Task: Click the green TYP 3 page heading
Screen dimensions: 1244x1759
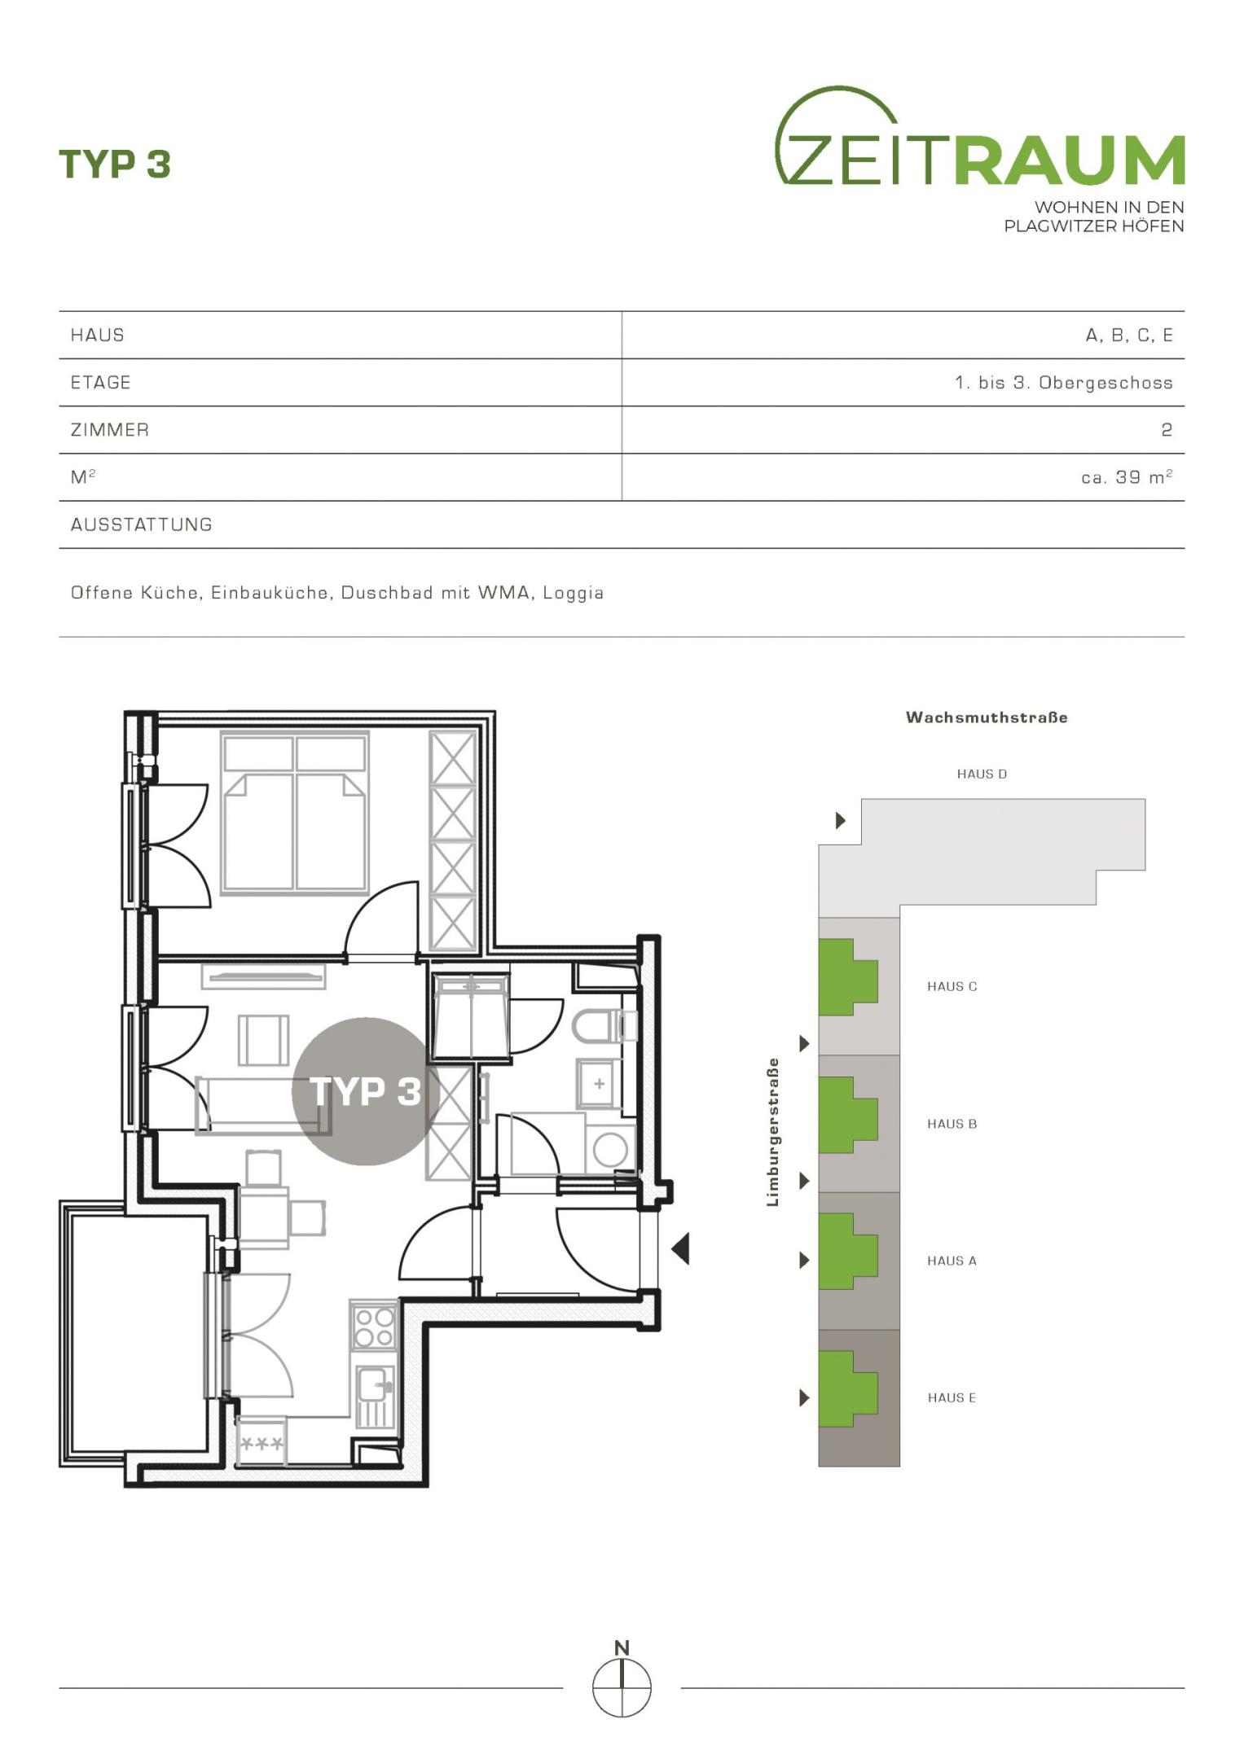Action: pos(115,164)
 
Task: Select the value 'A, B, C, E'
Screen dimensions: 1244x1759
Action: pos(1129,335)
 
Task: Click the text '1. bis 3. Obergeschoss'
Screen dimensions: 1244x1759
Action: pos(1064,383)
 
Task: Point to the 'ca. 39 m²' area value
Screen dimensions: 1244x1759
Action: pos(1127,477)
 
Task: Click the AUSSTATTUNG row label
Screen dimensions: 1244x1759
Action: pos(142,524)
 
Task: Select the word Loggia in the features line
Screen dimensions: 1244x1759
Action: pos(573,593)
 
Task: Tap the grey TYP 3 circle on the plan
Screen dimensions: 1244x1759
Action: pos(365,1091)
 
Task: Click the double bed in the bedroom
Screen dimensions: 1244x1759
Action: pos(295,813)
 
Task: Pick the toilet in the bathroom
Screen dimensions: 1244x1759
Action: pos(604,1026)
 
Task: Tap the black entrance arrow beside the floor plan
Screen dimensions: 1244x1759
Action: pos(680,1248)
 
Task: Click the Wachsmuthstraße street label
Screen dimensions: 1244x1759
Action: pos(987,717)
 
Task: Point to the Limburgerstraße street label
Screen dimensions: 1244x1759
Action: pos(772,1132)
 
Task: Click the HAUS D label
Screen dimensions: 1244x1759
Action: pos(982,774)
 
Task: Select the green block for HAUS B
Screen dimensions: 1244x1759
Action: pos(848,1115)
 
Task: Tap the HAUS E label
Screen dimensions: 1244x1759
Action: pos(952,1397)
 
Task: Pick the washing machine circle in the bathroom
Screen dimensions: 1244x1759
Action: pos(611,1151)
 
